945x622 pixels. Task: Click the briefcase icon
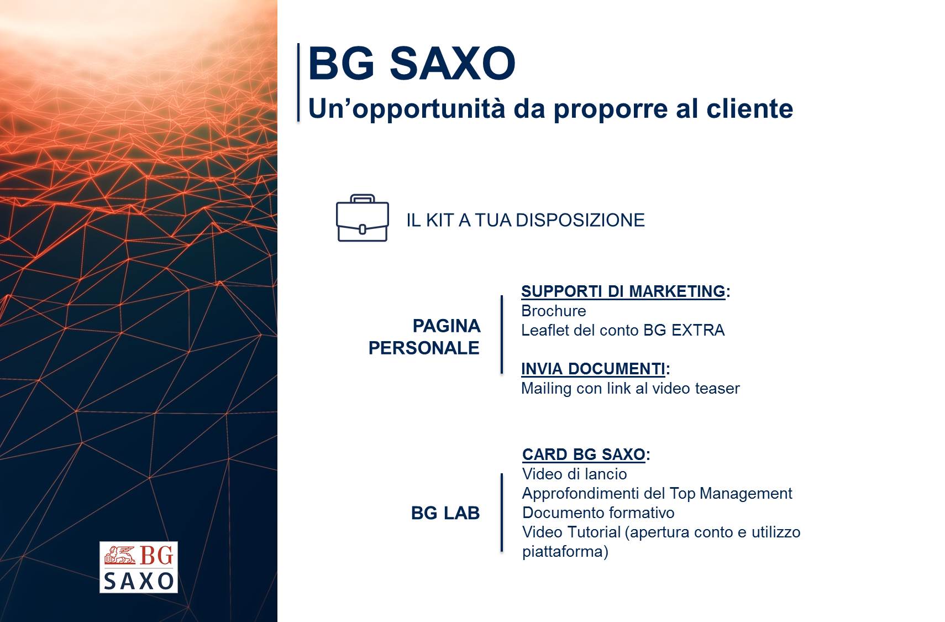click(363, 218)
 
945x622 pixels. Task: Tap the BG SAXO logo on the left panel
click(138, 567)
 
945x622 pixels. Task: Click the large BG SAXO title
click(412, 63)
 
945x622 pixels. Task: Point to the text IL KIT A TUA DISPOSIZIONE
click(525, 220)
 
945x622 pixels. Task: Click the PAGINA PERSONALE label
click(424, 337)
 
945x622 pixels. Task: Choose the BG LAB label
click(445, 513)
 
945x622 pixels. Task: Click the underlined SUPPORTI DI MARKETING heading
click(623, 291)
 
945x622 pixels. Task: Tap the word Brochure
click(554, 311)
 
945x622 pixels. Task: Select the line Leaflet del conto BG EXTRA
click(623, 330)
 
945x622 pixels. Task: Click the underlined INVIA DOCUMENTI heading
click(593, 369)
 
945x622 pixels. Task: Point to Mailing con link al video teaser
click(631, 388)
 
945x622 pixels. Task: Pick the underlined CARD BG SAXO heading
click(584, 454)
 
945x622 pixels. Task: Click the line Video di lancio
click(575, 474)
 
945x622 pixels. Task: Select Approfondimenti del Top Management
click(657, 493)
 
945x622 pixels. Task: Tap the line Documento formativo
click(598, 513)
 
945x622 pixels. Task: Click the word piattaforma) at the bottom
click(565, 552)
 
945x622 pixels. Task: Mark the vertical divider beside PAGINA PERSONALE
click(502, 334)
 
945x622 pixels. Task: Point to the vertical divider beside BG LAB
click(502, 513)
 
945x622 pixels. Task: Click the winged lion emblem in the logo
click(120, 555)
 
